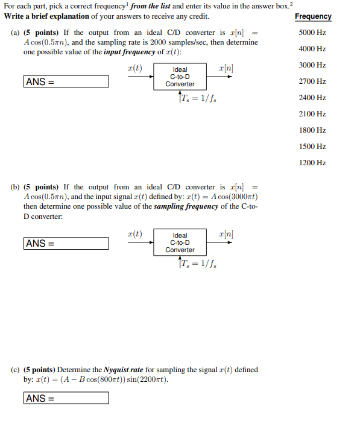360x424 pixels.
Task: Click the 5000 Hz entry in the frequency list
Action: click(312, 33)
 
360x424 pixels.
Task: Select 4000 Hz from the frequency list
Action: click(312, 49)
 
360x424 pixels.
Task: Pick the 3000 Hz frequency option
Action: click(312, 65)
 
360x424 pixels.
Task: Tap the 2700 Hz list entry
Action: click(312, 81)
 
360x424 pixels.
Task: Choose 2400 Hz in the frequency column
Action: click(312, 98)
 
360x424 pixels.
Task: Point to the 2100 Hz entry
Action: click(312, 114)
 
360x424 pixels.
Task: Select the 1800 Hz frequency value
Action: click(312, 130)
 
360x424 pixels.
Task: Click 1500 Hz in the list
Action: click(312, 147)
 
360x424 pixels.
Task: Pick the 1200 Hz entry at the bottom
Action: click(312, 163)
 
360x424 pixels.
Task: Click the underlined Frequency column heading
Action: click(313, 16)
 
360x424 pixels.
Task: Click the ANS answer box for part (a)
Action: click(66, 81)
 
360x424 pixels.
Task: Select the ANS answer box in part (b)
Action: click(66, 244)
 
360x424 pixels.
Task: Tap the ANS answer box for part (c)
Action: click(66, 398)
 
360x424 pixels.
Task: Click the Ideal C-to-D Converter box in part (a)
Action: click(180, 77)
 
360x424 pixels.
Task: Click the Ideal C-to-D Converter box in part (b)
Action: click(180, 242)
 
